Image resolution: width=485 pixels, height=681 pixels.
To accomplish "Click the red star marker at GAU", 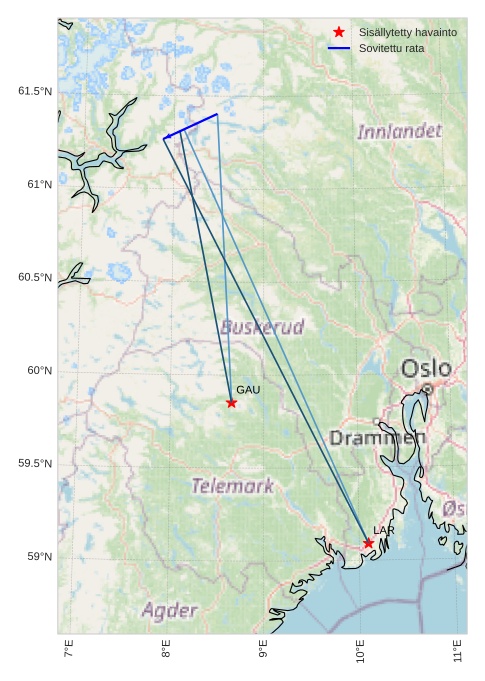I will click(231, 403).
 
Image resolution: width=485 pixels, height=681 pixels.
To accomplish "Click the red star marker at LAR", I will click(368, 543).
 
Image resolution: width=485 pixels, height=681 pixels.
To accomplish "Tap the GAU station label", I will click(247, 390).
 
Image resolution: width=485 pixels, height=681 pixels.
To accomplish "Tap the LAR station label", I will click(384, 529).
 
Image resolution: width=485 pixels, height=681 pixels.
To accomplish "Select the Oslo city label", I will click(426, 368).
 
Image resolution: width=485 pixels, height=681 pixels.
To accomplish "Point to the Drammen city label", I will click(377, 437).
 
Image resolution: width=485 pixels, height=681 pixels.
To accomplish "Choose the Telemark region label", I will click(232, 486).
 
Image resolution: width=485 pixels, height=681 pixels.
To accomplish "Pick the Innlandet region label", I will click(399, 131).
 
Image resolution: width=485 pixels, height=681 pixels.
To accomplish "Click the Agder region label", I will click(169, 609).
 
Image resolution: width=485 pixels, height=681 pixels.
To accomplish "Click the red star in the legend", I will click(339, 33).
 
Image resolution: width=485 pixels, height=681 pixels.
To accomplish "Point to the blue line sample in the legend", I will click(339, 48).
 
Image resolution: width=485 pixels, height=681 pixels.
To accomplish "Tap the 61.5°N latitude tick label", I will click(34, 91).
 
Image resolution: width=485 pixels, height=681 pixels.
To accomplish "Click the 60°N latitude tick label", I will click(39, 371).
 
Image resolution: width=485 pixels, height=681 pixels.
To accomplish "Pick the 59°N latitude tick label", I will click(39, 557).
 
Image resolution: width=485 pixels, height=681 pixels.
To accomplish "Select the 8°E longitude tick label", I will click(166, 654).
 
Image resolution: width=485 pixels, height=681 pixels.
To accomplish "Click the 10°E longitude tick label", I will click(361, 654).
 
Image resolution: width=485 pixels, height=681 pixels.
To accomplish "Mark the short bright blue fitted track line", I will click(191, 126).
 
